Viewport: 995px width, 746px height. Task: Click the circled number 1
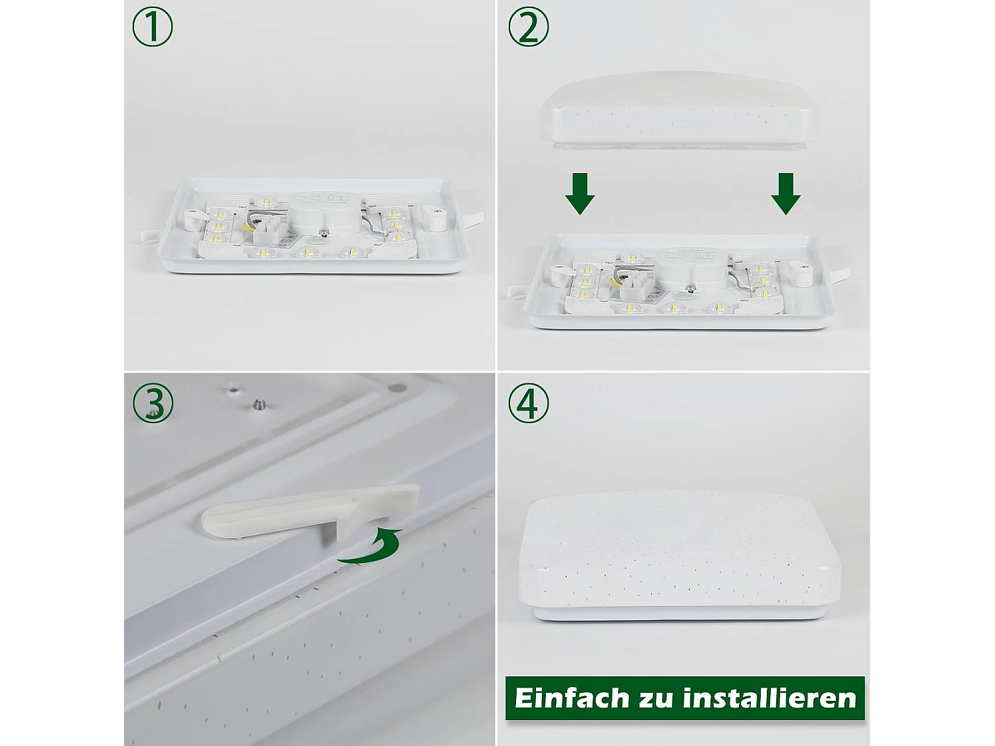(153, 27)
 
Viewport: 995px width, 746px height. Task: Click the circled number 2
(529, 27)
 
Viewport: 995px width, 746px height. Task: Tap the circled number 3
(153, 403)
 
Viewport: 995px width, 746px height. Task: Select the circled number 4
(529, 403)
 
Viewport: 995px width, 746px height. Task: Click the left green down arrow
(580, 194)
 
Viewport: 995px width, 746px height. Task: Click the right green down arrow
(785, 194)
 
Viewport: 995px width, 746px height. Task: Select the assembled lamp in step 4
(680, 554)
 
